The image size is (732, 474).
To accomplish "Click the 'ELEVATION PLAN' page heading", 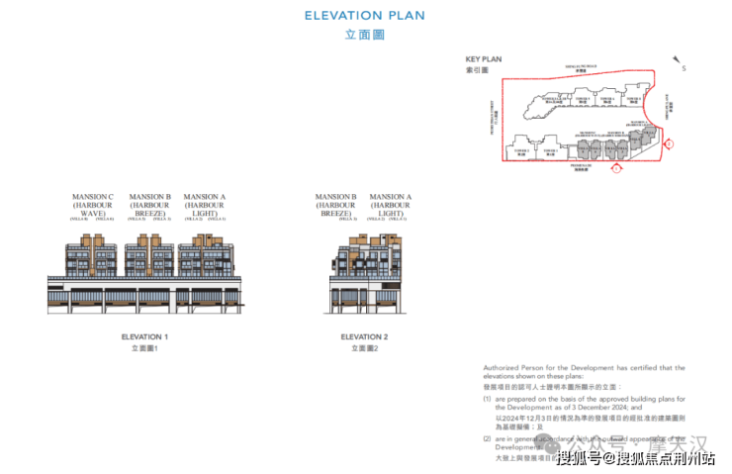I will pos(365,15).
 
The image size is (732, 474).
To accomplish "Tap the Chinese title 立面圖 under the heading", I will pos(364,35).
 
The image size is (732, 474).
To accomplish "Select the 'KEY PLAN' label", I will pos(484,59).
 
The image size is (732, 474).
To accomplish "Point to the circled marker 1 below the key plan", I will pos(616,167).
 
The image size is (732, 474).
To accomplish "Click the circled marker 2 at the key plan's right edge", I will pos(670,144).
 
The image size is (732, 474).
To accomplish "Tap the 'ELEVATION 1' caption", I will pos(144,336).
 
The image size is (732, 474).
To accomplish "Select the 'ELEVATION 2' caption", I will pos(364,336).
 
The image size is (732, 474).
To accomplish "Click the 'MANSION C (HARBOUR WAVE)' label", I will pos(93,205).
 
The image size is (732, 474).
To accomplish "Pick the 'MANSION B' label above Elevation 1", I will pos(150,205).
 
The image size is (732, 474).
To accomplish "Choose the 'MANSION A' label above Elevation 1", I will pos(205,205).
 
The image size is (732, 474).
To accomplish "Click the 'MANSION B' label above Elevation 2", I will pos(336,205).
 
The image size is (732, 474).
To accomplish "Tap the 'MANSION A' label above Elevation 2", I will pos(391,205).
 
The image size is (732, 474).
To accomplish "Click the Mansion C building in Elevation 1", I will pos(92,256).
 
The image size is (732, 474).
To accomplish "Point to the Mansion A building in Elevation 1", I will pos(205,256).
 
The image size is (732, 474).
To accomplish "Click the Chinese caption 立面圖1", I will pos(144,348).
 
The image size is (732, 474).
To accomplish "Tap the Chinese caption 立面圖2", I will pos(364,348).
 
